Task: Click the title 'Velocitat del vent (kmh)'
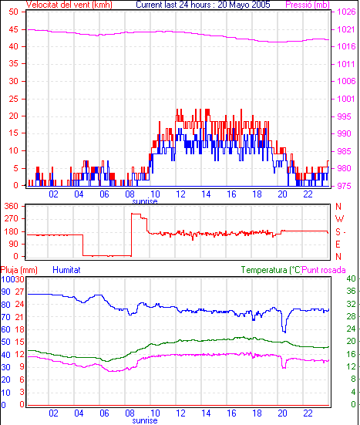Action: [x=69, y=5]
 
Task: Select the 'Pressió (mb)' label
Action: [x=308, y=5]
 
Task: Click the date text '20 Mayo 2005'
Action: [x=244, y=5]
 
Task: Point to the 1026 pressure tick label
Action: [x=346, y=12]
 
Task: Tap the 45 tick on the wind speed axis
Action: [x=14, y=29]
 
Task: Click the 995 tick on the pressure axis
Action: [x=344, y=116]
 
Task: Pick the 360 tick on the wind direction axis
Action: [x=12, y=206]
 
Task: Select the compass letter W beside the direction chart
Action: [x=339, y=219]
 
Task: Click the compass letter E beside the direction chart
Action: [x=338, y=245]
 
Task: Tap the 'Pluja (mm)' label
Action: [x=19, y=270]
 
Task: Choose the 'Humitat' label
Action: [x=66, y=270]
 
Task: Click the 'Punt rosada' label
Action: [x=324, y=270]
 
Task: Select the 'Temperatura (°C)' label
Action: [x=271, y=270]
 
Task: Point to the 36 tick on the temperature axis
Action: [x=351, y=291]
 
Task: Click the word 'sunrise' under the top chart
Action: [x=145, y=201]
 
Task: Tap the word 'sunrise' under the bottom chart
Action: [x=145, y=420]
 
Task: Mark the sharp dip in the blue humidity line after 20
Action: [x=284, y=331]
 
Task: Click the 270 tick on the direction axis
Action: [x=12, y=218]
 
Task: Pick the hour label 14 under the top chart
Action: [x=206, y=194]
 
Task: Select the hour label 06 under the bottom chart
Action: [x=104, y=413]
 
